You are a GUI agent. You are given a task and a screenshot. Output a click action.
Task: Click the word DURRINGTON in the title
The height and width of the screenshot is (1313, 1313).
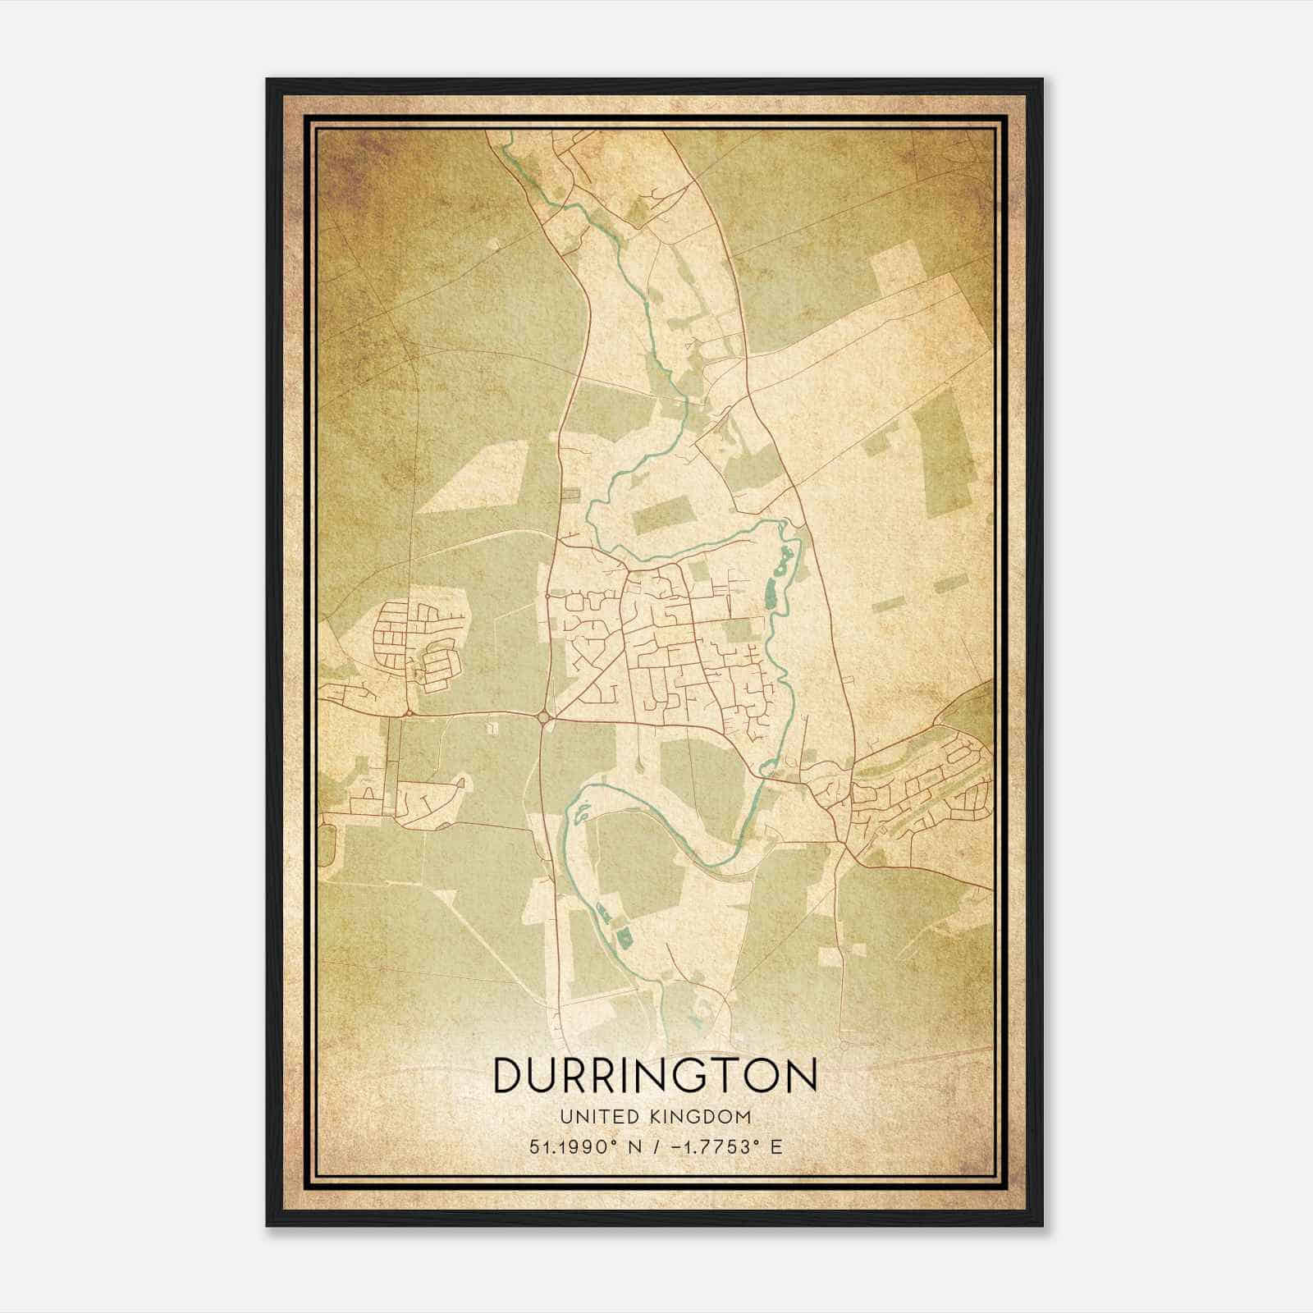pyautogui.click(x=655, y=1075)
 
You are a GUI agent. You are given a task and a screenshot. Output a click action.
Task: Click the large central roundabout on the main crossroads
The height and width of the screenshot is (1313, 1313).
pyautogui.click(x=545, y=718)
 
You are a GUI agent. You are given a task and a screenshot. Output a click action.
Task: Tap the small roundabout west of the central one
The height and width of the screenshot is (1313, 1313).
pyautogui.click(x=408, y=713)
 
